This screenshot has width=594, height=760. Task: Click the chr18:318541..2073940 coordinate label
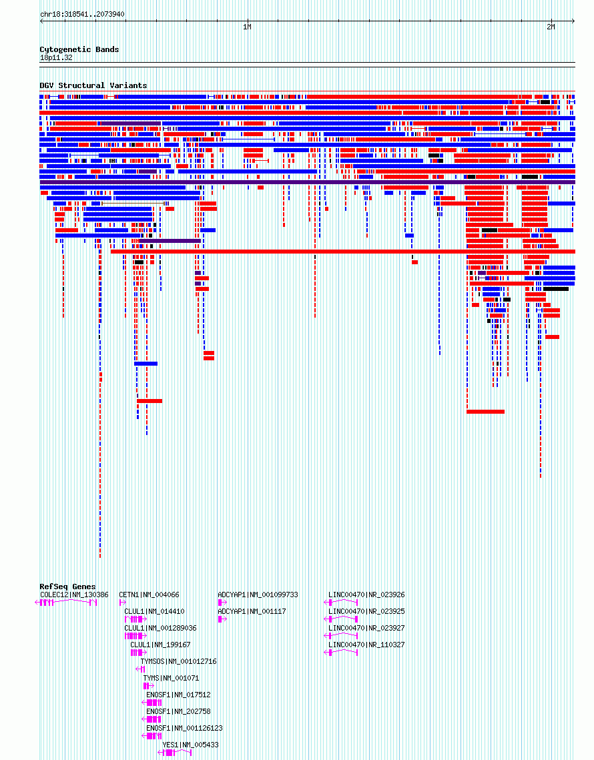(83, 14)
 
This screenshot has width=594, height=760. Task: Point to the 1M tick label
(248, 27)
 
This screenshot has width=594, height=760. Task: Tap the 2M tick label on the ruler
(551, 27)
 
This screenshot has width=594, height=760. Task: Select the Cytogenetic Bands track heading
(79, 49)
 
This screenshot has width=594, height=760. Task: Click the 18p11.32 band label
(56, 57)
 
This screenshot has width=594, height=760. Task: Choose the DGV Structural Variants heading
(93, 85)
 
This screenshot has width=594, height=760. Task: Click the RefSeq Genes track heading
(68, 587)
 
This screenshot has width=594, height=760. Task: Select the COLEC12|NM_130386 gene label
(74, 595)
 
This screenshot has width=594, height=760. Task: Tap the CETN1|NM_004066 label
(149, 595)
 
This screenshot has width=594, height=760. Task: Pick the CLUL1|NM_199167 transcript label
(160, 645)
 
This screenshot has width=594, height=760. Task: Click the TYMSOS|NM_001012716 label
(178, 662)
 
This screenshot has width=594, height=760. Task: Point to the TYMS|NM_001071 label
(171, 678)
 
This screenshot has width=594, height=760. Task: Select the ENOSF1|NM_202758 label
(178, 711)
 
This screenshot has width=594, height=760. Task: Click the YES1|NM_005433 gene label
(191, 745)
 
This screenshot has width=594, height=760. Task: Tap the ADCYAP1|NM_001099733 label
(258, 595)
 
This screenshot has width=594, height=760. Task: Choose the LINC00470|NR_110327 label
(366, 645)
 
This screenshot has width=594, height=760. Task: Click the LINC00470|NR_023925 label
(366, 611)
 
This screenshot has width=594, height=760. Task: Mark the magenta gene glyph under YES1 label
(175, 753)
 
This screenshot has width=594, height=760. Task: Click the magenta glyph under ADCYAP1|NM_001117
(222, 619)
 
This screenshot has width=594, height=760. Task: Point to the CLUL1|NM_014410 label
(154, 611)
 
